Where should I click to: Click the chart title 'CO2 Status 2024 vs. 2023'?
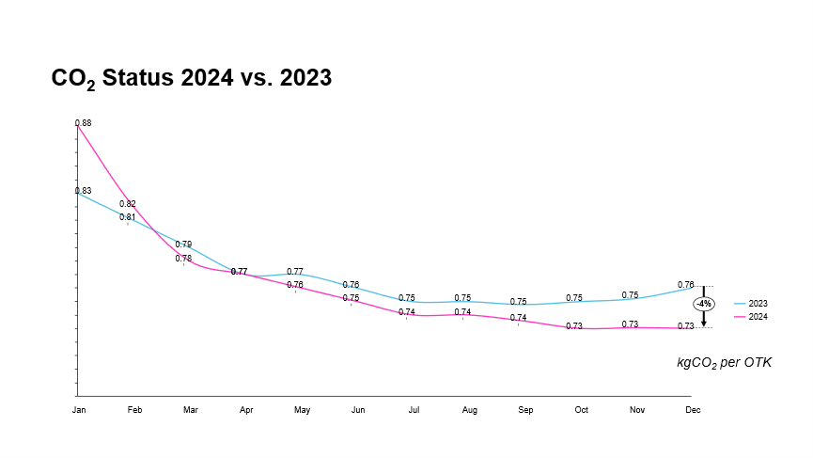coord(191,78)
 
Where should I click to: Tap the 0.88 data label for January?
coord(83,123)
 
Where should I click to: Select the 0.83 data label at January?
coord(83,191)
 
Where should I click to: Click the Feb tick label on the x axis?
coord(134,410)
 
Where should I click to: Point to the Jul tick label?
coord(414,410)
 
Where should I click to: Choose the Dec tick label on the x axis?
coord(693,410)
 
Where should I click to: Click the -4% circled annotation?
coord(703,304)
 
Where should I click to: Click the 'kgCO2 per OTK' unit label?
coord(724,362)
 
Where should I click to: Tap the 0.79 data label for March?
coord(183,245)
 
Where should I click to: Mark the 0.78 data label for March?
coord(183,259)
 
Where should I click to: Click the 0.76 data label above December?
coord(686,284)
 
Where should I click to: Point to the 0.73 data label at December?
coord(686,326)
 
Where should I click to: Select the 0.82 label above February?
coord(128,204)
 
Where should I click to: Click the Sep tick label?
coord(525,410)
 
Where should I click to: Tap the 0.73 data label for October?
coord(574,326)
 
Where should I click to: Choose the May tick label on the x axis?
coord(302,410)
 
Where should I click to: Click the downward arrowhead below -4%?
coord(703,323)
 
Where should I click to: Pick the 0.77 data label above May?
coord(294,272)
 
